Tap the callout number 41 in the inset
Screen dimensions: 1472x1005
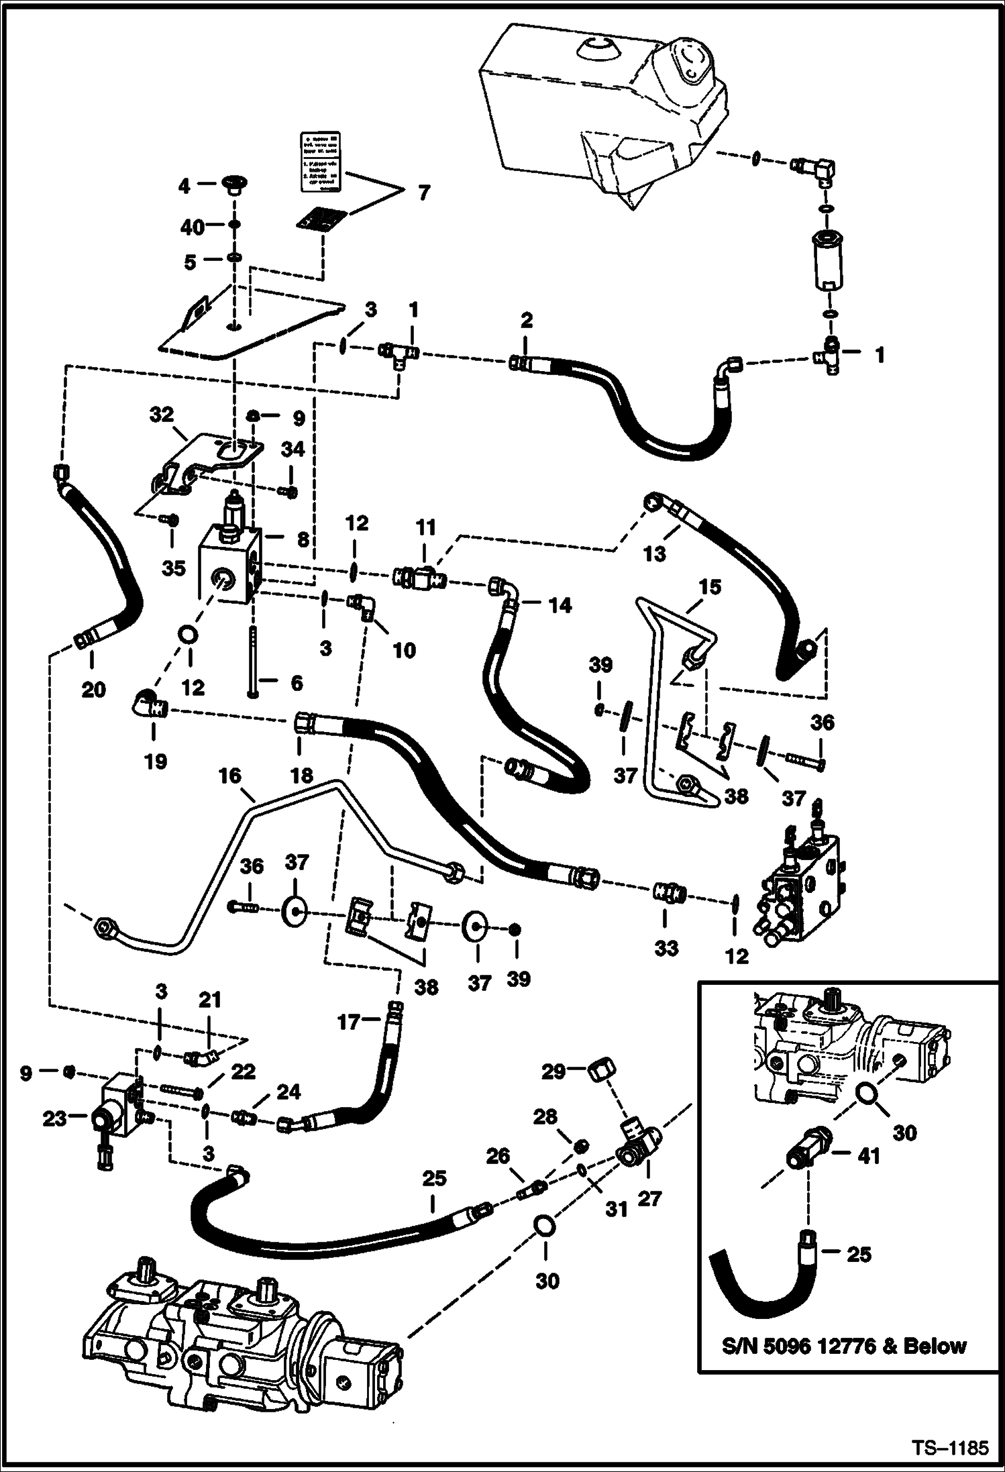coord(869,1155)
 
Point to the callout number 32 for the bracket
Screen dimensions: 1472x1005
coord(162,415)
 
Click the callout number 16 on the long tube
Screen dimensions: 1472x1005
coord(229,776)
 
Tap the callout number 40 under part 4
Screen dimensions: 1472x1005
coord(193,227)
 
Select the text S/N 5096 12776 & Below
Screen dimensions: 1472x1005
coord(844,1346)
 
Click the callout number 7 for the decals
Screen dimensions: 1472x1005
coord(423,193)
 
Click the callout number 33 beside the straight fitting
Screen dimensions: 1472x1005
coord(666,948)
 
